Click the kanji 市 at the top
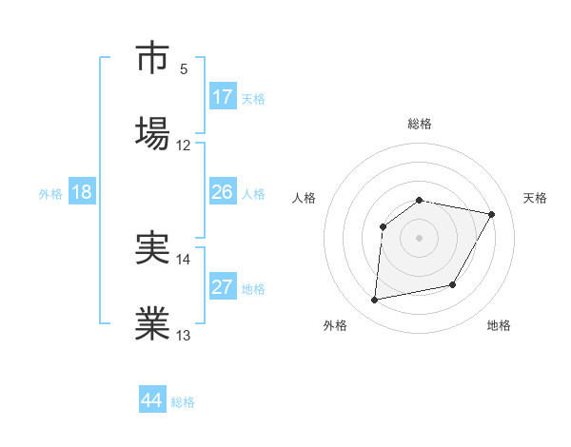(153, 59)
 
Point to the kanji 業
(153, 322)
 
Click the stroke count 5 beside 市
(184, 69)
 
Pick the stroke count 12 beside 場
(184, 146)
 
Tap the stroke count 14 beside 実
(184, 259)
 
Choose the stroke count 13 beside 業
(184, 335)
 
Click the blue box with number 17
(223, 97)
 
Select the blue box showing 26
(223, 192)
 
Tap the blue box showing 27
(223, 287)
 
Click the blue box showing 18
(82, 192)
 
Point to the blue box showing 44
(152, 400)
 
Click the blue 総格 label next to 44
(183, 402)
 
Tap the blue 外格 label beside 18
(50, 194)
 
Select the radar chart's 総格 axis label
(420, 124)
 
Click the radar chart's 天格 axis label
(536, 198)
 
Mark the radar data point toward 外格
(375, 301)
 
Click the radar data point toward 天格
(492, 215)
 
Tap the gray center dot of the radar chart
(420, 238)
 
